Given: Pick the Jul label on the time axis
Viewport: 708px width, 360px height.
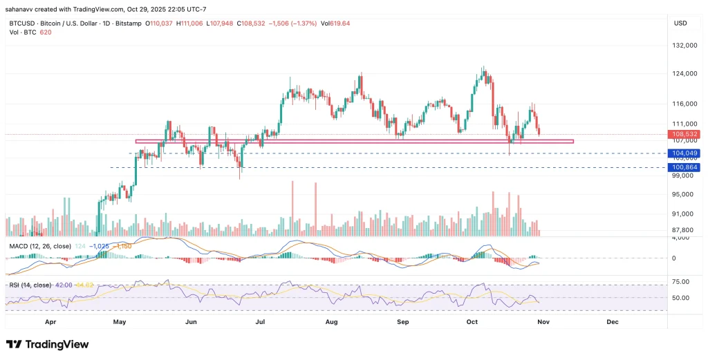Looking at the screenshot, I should point(261,322).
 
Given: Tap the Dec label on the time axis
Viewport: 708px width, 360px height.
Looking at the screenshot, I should point(612,322).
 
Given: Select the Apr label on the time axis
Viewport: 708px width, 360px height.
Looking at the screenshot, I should point(50,322).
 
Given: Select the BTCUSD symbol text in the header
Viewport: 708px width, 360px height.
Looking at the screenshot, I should point(22,23).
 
